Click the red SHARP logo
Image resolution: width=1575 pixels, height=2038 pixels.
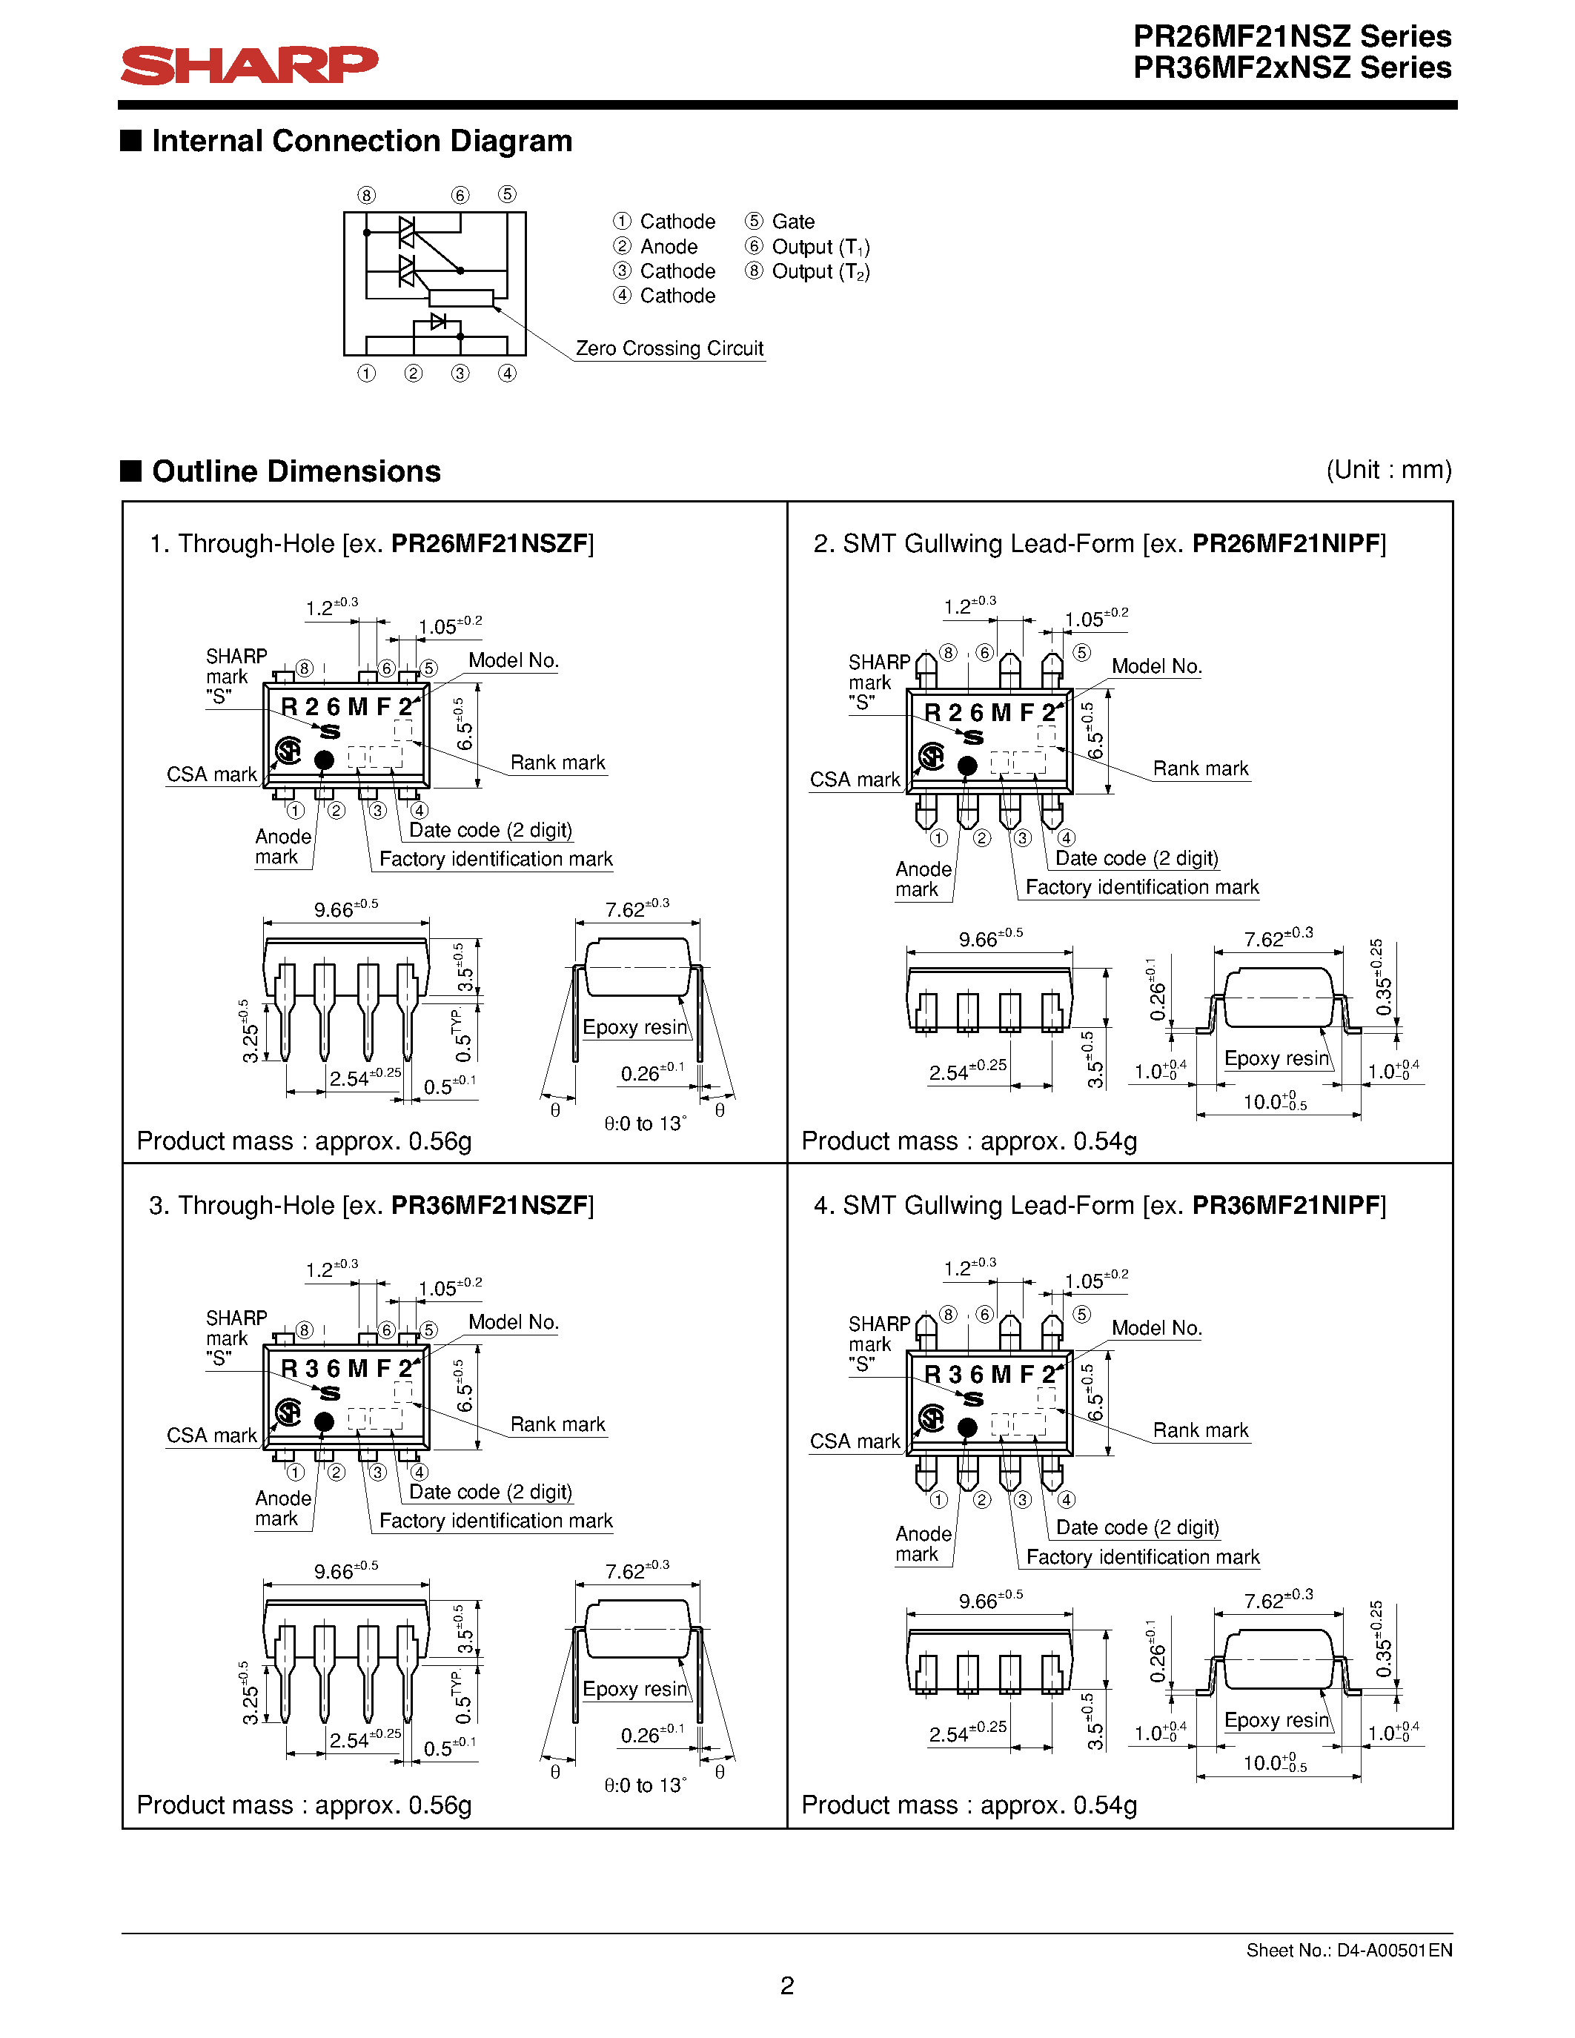coord(249,65)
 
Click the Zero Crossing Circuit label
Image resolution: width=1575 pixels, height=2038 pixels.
coord(669,348)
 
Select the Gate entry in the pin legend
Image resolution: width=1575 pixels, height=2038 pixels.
coord(792,221)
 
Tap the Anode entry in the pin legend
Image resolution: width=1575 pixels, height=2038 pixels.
coord(668,246)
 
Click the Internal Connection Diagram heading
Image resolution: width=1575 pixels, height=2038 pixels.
coord(361,141)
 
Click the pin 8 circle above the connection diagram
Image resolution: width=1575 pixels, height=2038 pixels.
coord(367,195)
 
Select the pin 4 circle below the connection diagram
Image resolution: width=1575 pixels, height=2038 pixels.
coord(507,374)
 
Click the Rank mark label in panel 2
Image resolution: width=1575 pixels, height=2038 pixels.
coord(1200,768)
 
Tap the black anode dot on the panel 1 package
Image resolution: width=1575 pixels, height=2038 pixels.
coord(324,760)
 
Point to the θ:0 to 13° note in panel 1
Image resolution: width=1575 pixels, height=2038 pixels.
coord(645,1123)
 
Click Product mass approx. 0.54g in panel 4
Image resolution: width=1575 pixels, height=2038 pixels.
coord(969,1805)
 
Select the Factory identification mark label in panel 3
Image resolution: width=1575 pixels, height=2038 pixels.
coord(495,1520)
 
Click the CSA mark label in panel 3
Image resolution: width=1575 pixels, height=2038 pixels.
coord(211,1435)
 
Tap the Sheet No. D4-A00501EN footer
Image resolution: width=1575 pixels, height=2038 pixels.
coord(1348,1951)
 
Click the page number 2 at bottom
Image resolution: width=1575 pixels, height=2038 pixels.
coord(786,1985)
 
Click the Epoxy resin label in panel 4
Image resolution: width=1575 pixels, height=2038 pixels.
coord(1276,1720)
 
